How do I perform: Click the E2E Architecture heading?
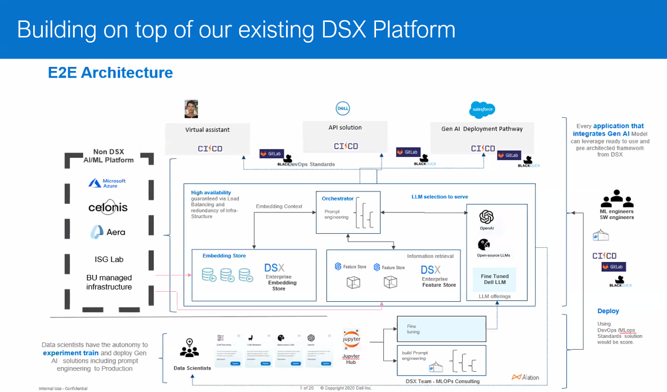110,73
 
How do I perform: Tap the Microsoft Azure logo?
107,183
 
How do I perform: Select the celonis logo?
108,207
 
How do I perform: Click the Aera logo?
108,231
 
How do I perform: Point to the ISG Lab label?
109,259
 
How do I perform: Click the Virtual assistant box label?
207,130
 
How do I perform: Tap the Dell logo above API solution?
343,108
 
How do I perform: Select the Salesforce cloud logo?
482,109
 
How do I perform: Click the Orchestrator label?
338,199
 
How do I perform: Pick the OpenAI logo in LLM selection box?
486,217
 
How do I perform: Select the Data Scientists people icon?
189,348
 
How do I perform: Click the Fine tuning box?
441,329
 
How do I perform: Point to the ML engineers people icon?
617,199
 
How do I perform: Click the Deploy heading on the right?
608,311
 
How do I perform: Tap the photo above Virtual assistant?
191,109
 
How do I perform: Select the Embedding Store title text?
224,256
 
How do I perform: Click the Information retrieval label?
430,256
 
